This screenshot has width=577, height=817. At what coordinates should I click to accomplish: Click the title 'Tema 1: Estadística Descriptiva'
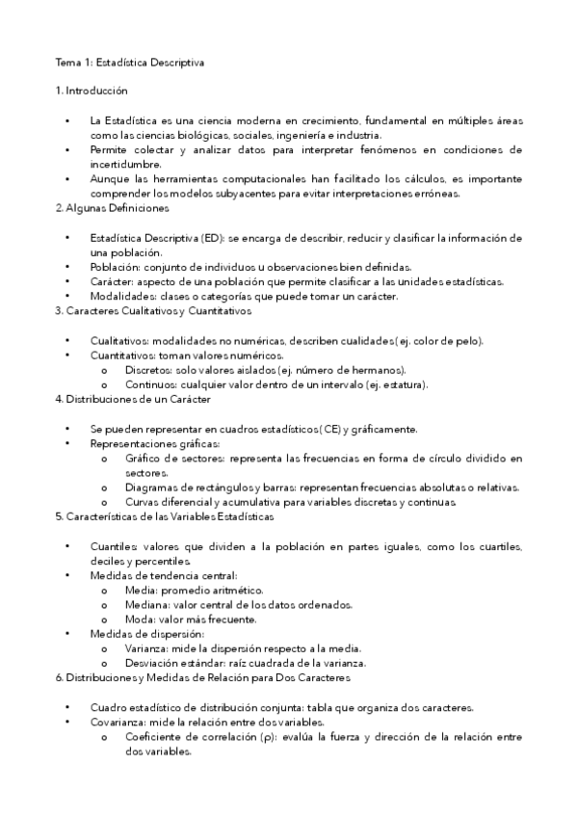(129, 62)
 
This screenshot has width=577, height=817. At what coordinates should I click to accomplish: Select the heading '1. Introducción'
(92, 90)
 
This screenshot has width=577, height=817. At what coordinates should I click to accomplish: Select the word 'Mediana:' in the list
(147, 604)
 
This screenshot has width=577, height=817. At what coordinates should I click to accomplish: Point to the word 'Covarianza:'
(121, 722)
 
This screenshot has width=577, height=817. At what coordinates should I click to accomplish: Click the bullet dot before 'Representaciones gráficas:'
(67, 443)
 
